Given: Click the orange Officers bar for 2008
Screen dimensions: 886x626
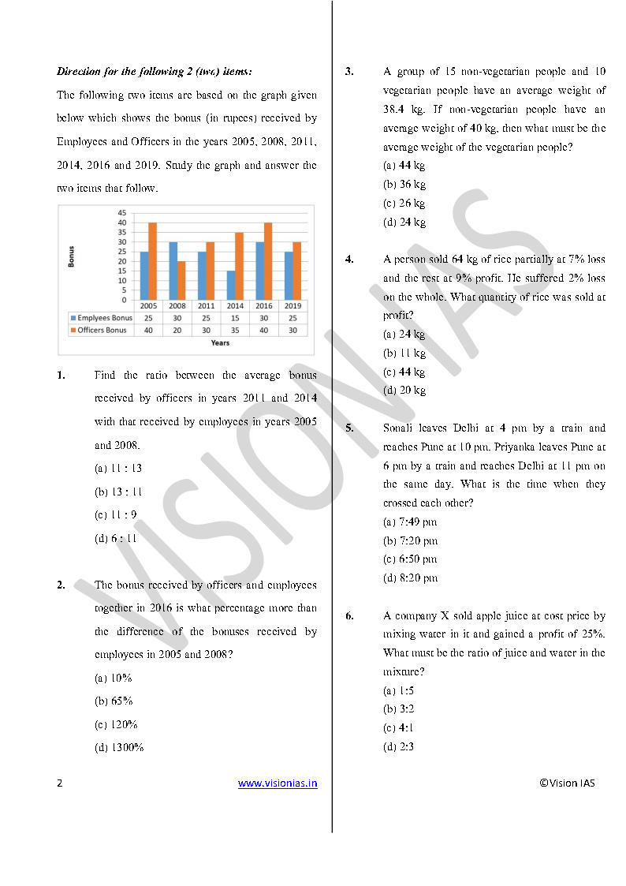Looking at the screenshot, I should click(181, 280).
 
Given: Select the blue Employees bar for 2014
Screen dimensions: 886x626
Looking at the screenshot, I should click(230, 285).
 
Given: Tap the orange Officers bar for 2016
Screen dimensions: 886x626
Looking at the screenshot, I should click(268, 261).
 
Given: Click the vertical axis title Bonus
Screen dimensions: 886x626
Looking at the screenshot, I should click(72, 256).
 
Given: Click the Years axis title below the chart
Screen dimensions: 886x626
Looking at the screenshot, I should click(221, 342).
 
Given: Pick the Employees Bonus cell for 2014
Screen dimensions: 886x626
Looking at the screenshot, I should click(235, 317).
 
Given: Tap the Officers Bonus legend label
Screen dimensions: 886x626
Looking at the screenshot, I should click(102, 330).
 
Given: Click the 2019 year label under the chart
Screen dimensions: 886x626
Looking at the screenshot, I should click(293, 305).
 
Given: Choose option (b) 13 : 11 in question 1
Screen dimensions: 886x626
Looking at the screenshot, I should click(118, 492).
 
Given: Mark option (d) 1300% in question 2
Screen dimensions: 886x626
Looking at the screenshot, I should click(119, 748).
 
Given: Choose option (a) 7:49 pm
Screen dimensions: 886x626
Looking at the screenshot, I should click(410, 522).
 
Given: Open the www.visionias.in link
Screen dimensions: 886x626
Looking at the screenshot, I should click(278, 783).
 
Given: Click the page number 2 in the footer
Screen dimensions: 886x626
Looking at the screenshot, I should click(60, 783).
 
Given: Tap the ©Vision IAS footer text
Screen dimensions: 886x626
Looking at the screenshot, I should click(567, 783).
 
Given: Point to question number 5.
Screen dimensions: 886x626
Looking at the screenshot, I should click(349, 428).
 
